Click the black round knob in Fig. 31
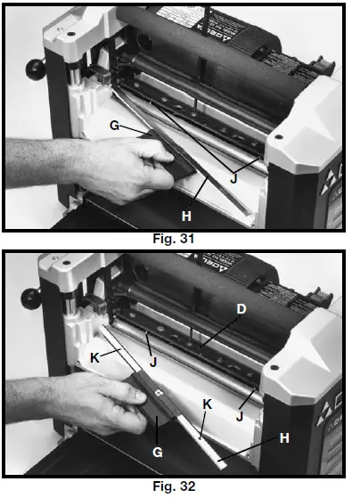click(x=37, y=68)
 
